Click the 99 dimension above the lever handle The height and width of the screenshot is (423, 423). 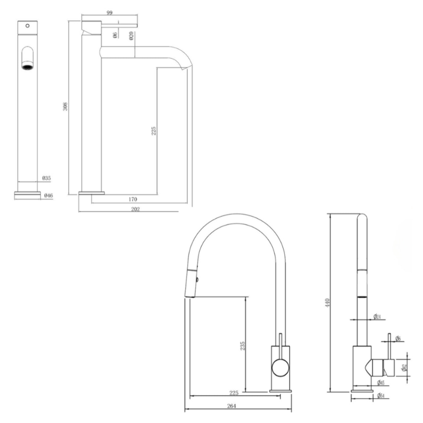110,13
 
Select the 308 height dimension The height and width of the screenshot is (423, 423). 66,107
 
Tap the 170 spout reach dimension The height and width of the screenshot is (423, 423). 133,200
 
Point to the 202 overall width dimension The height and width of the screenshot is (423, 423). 135,209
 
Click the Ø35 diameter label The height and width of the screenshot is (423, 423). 47,178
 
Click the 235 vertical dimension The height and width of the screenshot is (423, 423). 243,346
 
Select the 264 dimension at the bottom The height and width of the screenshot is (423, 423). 231,406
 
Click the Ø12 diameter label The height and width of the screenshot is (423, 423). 404,368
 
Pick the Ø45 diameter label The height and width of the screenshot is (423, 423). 380,383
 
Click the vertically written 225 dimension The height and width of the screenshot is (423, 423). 154,131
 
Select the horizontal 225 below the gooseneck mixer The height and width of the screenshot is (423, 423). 234,393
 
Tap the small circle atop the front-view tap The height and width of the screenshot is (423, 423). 27,25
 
